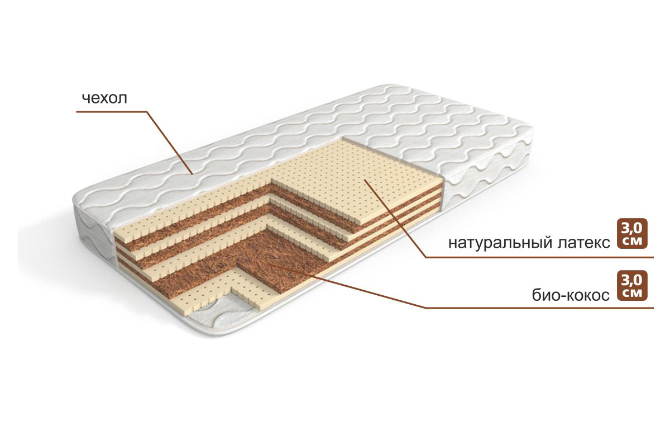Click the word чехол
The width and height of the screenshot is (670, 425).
105,98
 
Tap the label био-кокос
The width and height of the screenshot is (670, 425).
571,295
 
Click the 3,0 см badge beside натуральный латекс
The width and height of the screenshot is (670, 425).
632,234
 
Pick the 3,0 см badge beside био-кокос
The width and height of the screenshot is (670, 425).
632,286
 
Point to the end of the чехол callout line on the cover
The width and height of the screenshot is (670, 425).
192,174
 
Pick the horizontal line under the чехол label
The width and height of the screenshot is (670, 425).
111,112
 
